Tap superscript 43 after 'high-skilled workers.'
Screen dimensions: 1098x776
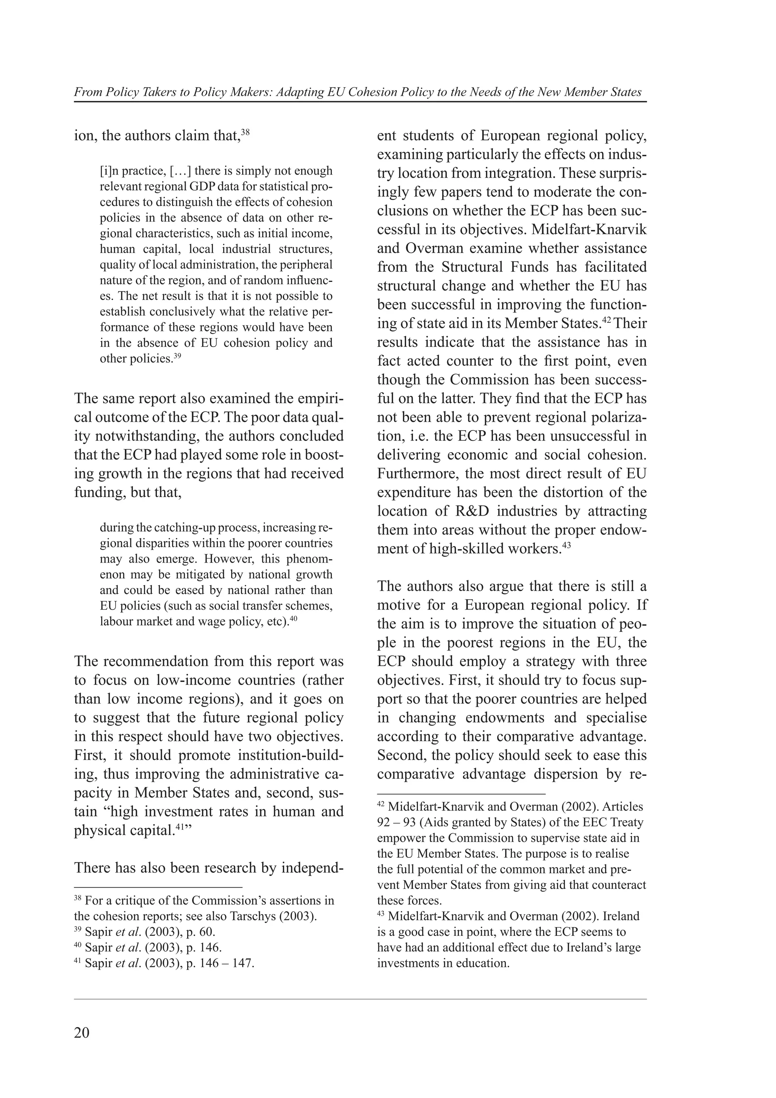click(566, 545)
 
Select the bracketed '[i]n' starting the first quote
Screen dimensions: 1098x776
click(109, 171)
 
